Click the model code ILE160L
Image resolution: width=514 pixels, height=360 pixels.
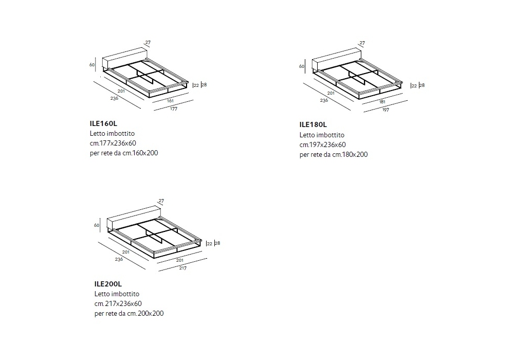click(x=103, y=123)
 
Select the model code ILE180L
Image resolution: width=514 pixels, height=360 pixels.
click(x=313, y=124)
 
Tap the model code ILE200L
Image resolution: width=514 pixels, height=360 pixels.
click(x=108, y=284)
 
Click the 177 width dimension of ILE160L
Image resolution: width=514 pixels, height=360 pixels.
click(x=174, y=109)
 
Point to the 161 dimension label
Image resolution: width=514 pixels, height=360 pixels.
click(x=170, y=101)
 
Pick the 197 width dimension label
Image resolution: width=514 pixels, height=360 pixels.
click(x=385, y=110)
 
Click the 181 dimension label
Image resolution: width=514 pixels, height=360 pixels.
click(x=382, y=102)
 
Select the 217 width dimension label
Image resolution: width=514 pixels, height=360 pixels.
click(x=182, y=268)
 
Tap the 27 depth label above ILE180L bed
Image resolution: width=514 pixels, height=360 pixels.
click(x=362, y=43)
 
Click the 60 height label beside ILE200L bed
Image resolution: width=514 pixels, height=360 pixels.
click(x=97, y=225)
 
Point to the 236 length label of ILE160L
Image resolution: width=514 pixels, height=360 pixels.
click(x=114, y=98)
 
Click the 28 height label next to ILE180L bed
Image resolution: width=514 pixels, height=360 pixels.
click(x=422, y=85)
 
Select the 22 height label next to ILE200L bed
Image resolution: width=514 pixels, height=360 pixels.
click(x=210, y=244)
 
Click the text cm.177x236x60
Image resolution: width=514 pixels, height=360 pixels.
click(x=113, y=143)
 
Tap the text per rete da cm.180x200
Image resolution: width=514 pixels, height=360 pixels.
click(x=334, y=154)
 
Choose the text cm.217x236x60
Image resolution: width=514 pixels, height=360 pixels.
click(x=118, y=303)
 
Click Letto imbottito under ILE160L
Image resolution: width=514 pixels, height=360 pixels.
click(x=112, y=133)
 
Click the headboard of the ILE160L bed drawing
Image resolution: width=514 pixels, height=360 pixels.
click(x=124, y=59)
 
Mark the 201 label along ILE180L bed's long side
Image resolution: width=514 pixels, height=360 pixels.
click(x=331, y=93)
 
